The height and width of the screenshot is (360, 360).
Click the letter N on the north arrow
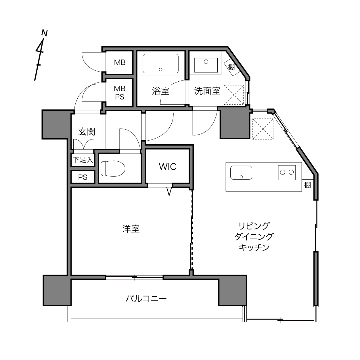45,33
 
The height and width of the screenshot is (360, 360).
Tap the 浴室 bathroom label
161,91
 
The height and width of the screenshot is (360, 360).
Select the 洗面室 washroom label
207,91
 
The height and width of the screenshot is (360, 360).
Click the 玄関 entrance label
87,131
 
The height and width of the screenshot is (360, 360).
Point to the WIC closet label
168,167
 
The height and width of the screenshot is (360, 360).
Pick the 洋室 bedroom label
131,229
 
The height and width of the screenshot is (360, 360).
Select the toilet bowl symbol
113,168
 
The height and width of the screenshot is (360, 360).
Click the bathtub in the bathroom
161,64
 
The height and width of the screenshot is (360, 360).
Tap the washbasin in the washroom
206,65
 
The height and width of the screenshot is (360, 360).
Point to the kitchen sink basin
241,173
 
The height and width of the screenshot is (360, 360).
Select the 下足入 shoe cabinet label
83,160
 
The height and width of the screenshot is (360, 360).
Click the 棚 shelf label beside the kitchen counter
307,185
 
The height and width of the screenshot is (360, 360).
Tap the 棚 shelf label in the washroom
231,67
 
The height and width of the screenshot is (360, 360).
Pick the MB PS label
120,93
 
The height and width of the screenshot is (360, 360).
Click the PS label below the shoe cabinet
83,177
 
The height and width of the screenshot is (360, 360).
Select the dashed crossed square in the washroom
234,95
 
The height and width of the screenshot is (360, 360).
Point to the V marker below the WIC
169,192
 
